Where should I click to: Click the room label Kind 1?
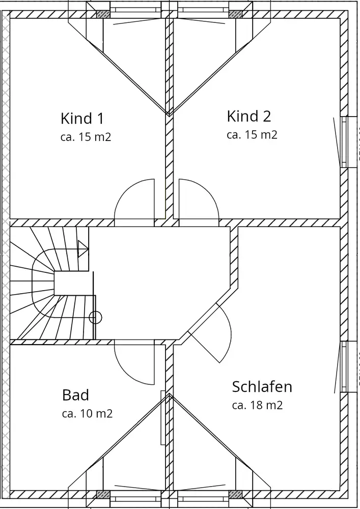[x=82, y=118]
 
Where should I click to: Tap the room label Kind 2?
[x=248, y=116]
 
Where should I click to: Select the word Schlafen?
[x=262, y=387]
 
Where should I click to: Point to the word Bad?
[x=75, y=395]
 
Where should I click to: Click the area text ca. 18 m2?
[x=257, y=405]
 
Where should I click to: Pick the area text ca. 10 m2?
[x=87, y=413]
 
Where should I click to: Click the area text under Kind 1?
[x=86, y=137]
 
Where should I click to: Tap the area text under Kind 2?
[x=252, y=135]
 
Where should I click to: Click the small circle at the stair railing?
[x=95, y=317]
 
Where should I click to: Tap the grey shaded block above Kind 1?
[x=103, y=14]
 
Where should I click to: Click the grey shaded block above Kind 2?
[x=235, y=14]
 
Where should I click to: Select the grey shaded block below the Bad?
[x=103, y=494]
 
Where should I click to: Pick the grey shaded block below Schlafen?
[x=235, y=494]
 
